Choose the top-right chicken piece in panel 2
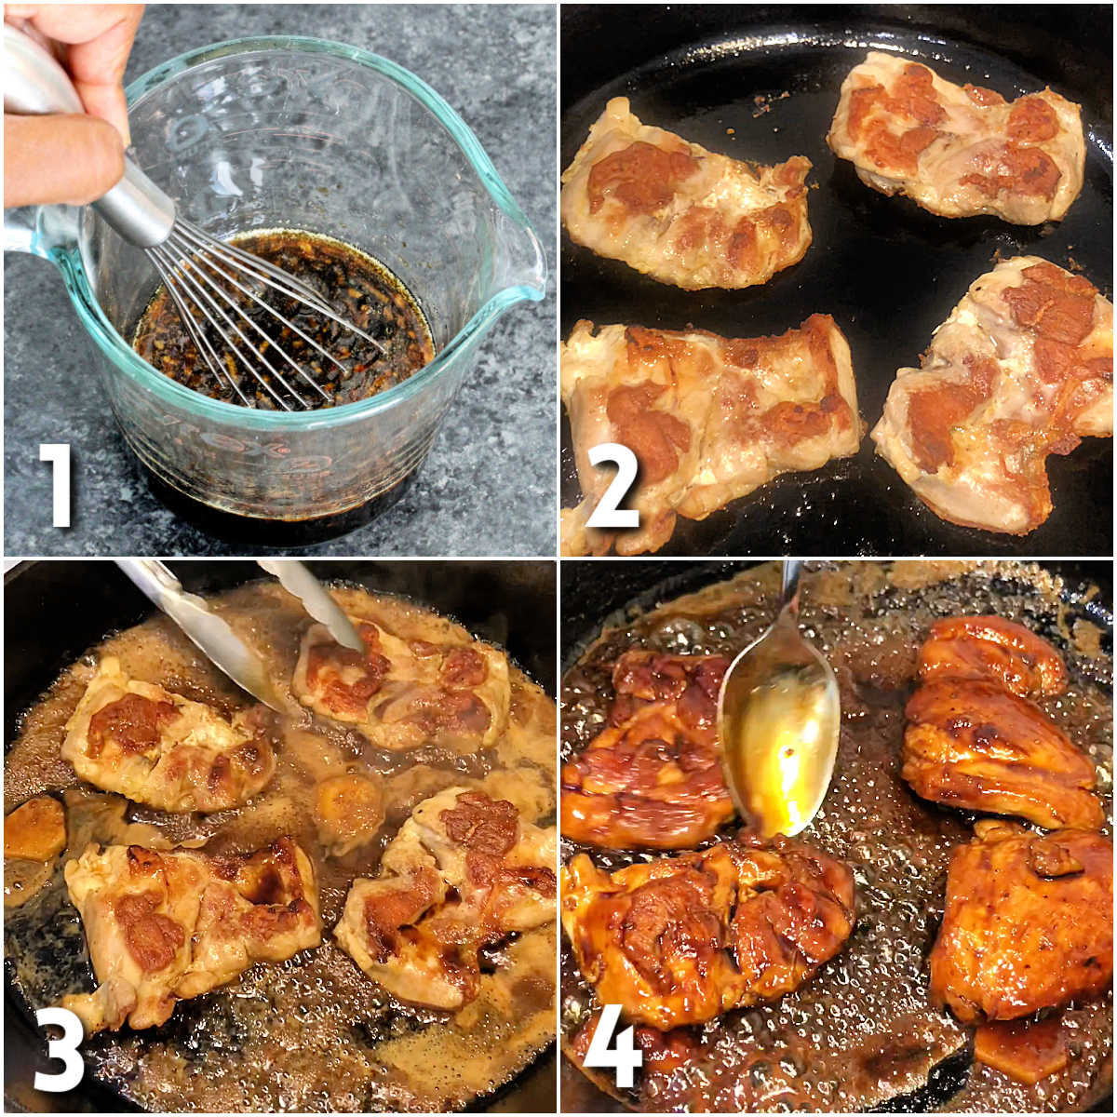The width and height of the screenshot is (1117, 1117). click(x=959, y=140)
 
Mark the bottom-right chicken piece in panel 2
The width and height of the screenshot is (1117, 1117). click(x=996, y=391)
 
